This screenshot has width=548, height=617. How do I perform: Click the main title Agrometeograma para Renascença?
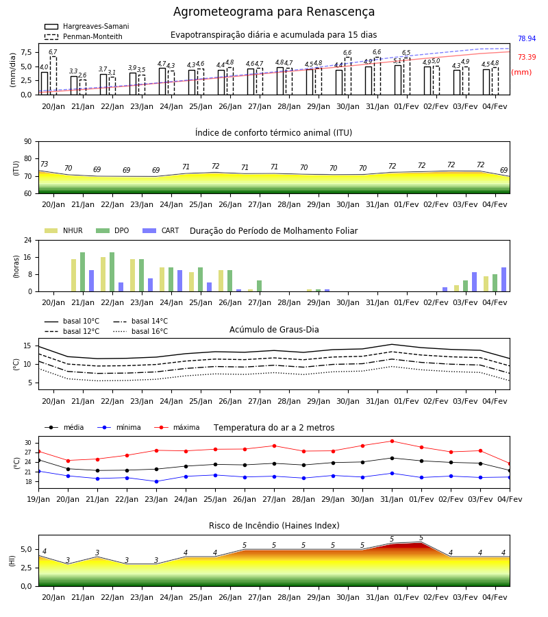[273, 12]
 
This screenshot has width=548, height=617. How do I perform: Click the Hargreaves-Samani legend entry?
[87, 26]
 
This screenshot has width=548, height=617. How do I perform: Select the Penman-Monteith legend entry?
[84, 36]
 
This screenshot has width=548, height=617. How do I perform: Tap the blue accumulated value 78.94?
[527, 38]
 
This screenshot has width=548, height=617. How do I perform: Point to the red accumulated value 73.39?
[527, 57]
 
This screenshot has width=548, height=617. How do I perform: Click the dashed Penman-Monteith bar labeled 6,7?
[53, 75]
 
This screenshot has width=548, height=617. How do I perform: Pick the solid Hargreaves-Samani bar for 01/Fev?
[398, 80]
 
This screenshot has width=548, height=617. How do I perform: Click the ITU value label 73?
[44, 164]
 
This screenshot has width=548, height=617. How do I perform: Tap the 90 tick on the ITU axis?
[27, 142]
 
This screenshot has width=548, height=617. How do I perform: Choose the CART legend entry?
[161, 230]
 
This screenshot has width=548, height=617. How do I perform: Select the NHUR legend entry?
[64, 230]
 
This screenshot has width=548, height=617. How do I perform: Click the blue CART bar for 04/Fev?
[503, 280]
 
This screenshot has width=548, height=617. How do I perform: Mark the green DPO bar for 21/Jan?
[83, 272]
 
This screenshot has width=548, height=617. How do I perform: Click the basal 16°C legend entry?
[140, 331]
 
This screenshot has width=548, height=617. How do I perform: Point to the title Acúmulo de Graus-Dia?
[274, 329]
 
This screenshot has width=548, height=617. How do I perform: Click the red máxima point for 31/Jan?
[392, 441]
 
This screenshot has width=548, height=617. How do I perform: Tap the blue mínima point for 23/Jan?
[156, 482]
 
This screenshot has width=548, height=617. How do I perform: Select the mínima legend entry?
[119, 427]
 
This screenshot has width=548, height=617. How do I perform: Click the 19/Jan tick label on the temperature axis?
[38, 499]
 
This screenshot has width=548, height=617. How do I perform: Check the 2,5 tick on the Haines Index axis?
[26, 568]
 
